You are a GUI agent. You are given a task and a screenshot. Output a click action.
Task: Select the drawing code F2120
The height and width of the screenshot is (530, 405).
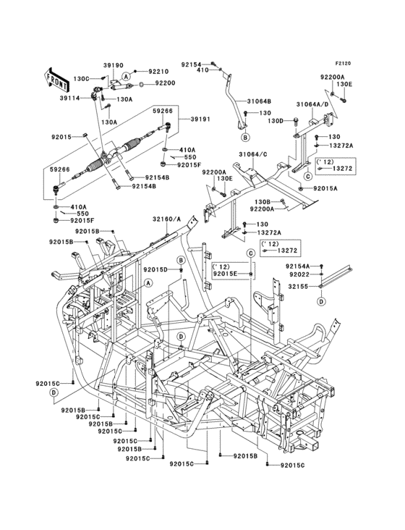click(x=343, y=63)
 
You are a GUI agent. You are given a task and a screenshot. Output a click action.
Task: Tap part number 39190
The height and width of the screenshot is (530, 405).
click(x=113, y=65)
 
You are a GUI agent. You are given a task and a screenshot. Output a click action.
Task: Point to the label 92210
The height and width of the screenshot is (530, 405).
click(x=158, y=72)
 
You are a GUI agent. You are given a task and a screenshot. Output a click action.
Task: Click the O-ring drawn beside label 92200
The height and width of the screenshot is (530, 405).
click(x=141, y=84)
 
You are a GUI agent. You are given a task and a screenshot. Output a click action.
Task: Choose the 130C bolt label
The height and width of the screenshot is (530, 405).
click(x=81, y=79)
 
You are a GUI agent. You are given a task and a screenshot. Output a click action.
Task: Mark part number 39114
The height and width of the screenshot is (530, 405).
click(x=70, y=98)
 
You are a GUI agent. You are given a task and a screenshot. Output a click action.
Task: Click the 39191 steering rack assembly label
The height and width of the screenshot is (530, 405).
click(x=200, y=119)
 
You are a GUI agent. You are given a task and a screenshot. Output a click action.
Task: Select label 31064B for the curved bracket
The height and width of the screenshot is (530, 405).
click(x=259, y=101)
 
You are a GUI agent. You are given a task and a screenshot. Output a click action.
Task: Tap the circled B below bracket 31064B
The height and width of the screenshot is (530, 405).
click(x=245, y=138)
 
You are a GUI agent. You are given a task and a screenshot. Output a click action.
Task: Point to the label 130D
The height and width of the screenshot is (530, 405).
click(x=276, y=120)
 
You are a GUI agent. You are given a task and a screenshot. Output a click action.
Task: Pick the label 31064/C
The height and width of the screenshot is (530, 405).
click(x=253, y=154)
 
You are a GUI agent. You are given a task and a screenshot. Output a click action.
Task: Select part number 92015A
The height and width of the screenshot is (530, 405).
click(x=325, y=188)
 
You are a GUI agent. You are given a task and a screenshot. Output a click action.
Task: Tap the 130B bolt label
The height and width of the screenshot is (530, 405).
click(x=263, y=202)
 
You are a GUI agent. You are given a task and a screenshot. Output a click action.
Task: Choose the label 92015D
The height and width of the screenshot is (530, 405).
click(x=155, y=269)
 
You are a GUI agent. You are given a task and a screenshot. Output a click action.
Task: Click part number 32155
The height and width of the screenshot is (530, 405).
click(x=298, y=286)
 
